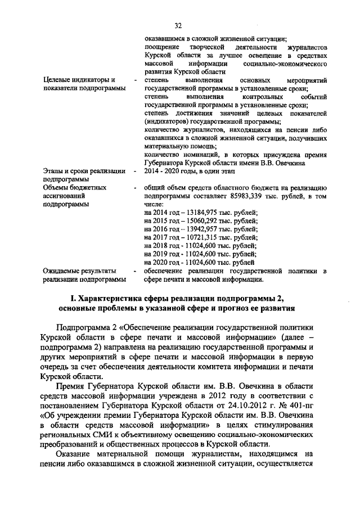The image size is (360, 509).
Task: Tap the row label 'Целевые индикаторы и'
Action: click(80, 80)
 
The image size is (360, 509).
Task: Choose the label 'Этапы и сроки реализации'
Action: click(84, 170)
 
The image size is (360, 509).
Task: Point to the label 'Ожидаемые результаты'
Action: click(79, 271)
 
